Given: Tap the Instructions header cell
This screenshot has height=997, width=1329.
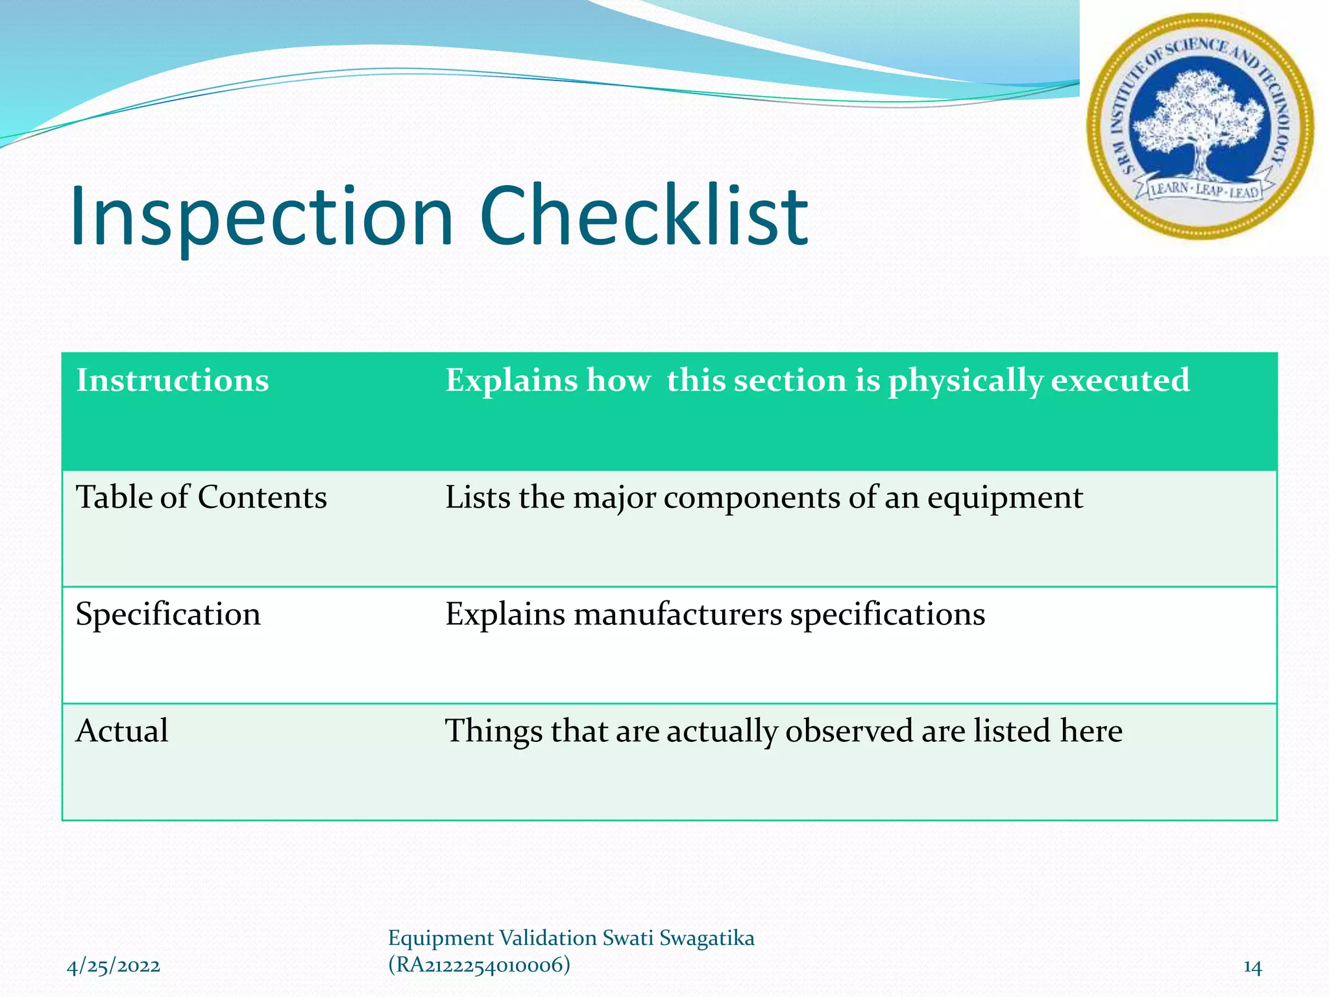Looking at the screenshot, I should coord(173,380).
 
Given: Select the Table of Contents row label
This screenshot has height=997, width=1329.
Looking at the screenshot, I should coord(201,498).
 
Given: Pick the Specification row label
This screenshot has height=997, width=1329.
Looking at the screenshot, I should coord(168,615).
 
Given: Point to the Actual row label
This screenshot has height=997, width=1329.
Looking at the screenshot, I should coord(122,731).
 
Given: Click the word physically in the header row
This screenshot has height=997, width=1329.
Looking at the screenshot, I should coord(965,381).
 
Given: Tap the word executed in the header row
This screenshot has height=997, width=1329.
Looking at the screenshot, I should coord(1120,380).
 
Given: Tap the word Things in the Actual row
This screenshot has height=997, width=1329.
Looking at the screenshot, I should coord(493,732).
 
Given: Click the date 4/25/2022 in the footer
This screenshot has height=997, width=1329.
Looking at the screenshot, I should coord(114,966).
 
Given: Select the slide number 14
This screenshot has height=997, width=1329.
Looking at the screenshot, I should coord(1252,967).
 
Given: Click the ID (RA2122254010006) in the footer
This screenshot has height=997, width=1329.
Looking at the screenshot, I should coord(479,965).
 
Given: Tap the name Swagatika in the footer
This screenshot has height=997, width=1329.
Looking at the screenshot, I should coord(707,939).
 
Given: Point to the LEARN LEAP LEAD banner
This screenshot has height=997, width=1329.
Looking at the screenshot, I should coord(1204,191).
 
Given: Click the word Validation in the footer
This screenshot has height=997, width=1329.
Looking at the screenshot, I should coord(548,939).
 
